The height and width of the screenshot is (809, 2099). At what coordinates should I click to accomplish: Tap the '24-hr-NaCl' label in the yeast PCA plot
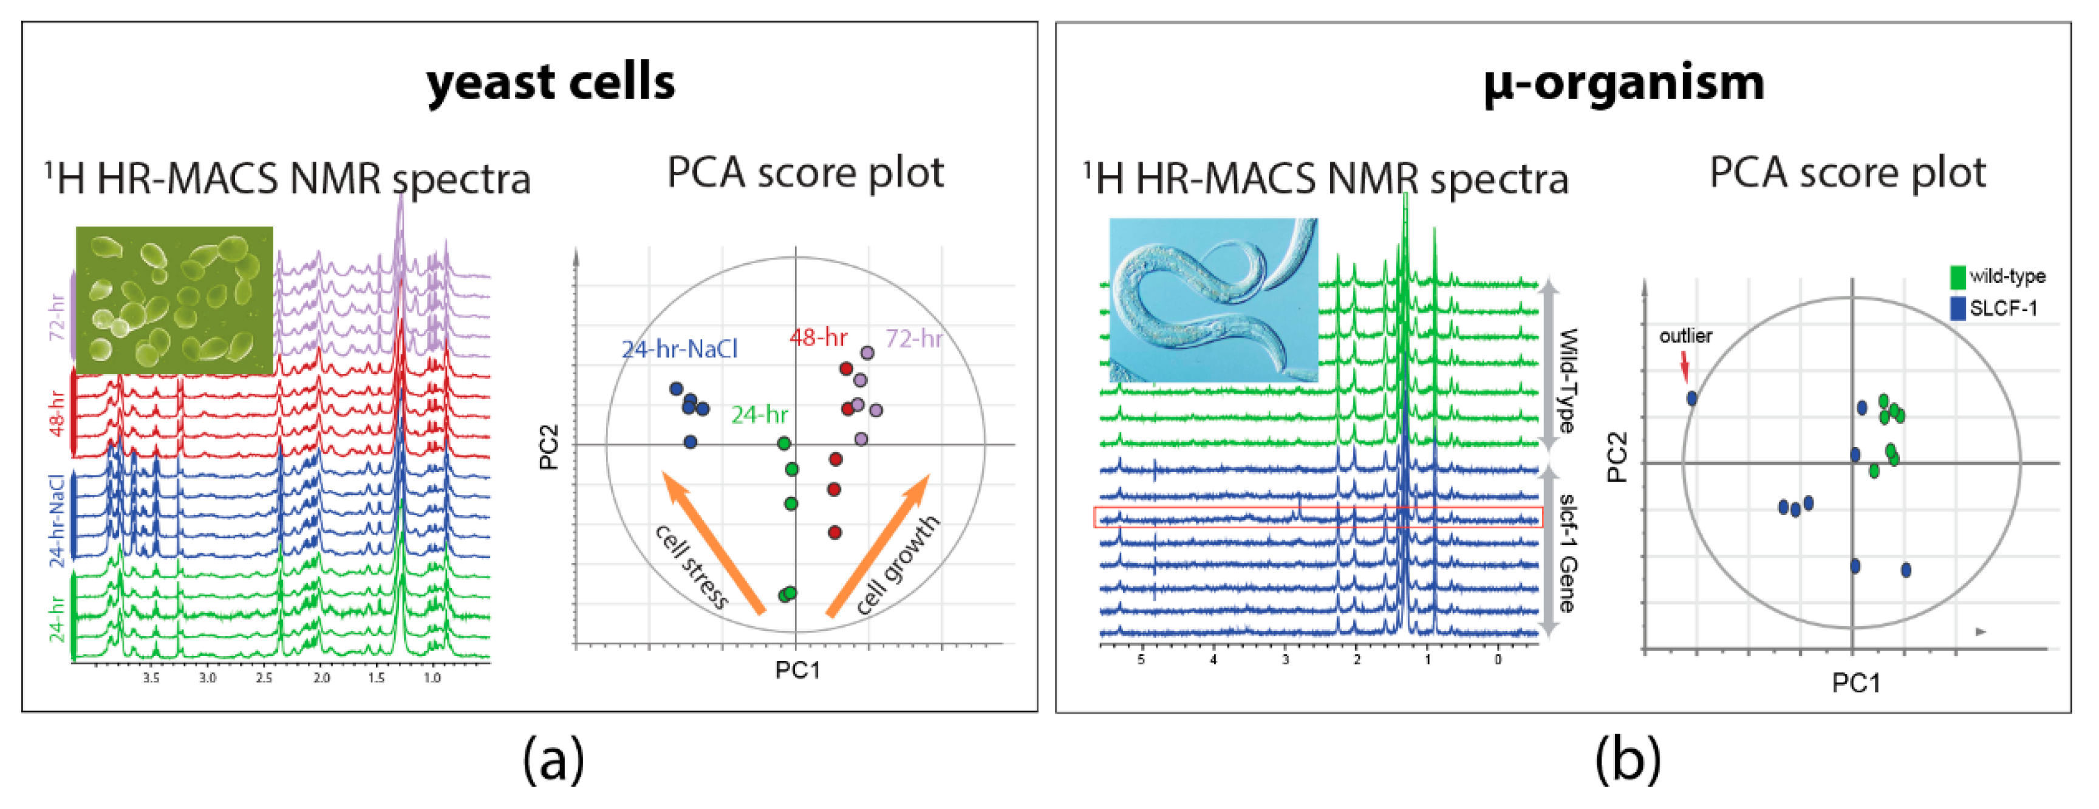679,349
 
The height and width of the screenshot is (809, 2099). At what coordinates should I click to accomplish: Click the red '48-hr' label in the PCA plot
818,337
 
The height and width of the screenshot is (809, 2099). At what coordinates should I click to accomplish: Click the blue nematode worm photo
1213,299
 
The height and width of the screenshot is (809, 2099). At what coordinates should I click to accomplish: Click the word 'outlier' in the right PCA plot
1685,336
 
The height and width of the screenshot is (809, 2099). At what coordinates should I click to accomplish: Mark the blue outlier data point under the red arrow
1691,398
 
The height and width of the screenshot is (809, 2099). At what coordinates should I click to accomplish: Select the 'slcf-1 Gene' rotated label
1566,552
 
